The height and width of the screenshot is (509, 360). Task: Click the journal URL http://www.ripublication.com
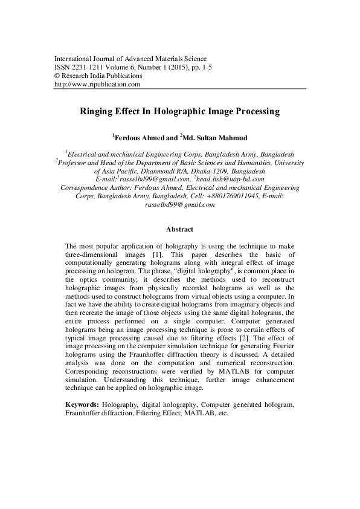pyautogui.click(x=97, y=85)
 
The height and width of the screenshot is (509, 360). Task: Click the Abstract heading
pyautogui.click(x=179, y=230)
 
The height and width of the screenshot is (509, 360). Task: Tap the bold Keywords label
pyautogui.click(x=82, y=403)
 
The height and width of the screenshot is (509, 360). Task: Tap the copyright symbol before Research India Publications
pyautogui.click(x=57, y=76)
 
